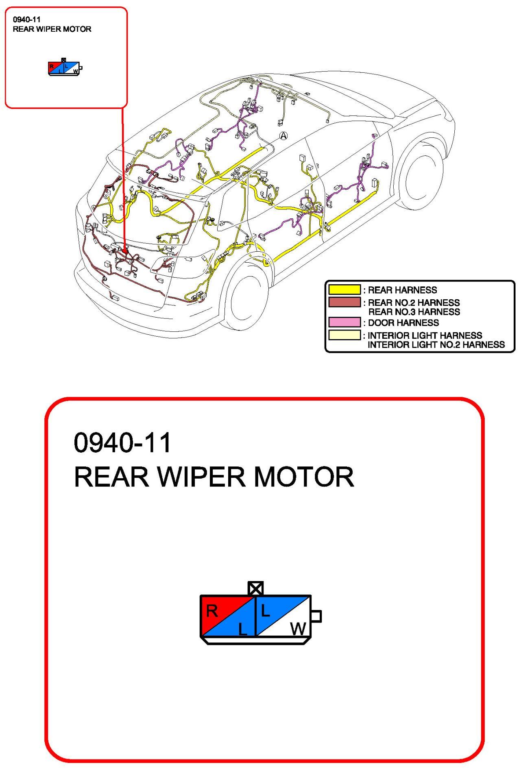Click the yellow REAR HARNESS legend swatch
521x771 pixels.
(x=344, y=290)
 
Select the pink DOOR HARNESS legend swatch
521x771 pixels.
(x=344, y=322)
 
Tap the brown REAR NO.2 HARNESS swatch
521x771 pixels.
(x=344, y=302)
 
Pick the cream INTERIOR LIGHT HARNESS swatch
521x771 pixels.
(x=344, y=335)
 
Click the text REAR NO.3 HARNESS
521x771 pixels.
(x=414, y=312)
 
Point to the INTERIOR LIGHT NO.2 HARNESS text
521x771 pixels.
(x=436, y=345)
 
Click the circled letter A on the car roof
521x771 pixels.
(x=283, y=136)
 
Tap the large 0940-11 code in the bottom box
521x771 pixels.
(x=122, y=442)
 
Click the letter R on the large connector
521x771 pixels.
(x=212, y=611)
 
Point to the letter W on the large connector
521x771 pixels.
(x=298, y=629)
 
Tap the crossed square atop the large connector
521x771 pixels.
(x=255, y=588)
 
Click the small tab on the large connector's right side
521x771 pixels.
(x=316, y=616)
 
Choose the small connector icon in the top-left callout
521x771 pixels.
(x=65, y=68)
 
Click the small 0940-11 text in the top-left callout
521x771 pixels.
(x=27, y=19)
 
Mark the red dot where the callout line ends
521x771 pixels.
(x=125, y=251)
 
